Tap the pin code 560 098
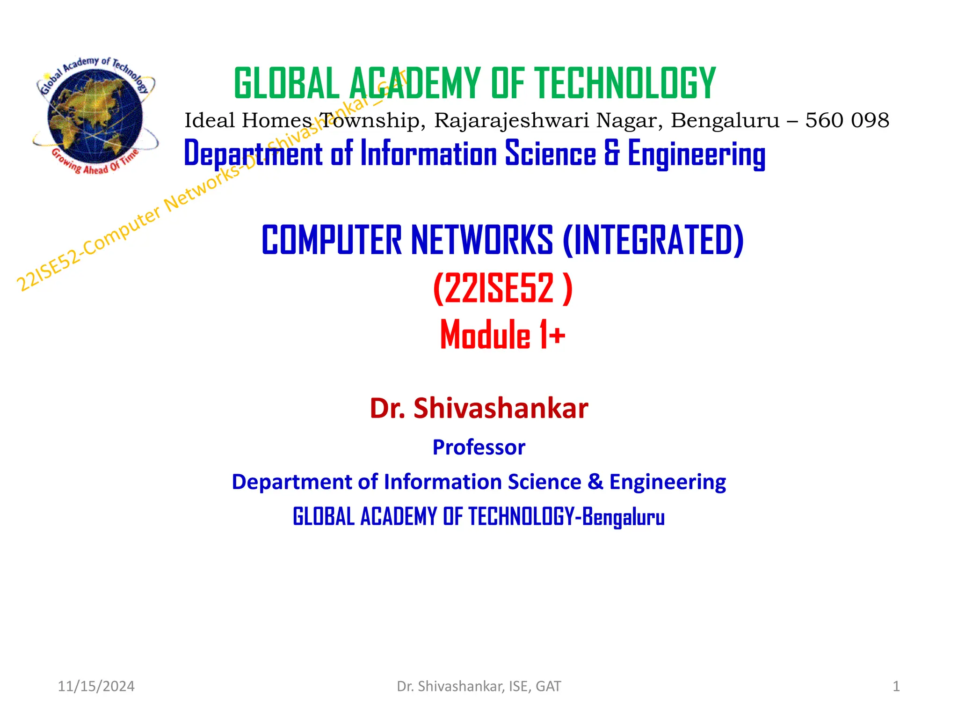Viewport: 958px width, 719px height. coord(847,120)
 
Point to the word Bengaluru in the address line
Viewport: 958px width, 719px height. coord(725,120)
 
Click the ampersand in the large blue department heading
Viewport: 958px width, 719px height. coord(611,153)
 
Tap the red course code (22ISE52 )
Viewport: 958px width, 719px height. coord(502,288)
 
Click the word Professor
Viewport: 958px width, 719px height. coord(479,447)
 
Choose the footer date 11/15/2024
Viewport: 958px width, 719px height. coord(96,686)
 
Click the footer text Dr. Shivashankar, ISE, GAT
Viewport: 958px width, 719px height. coord(479,686)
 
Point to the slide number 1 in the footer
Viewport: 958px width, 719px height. coord(896,686)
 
